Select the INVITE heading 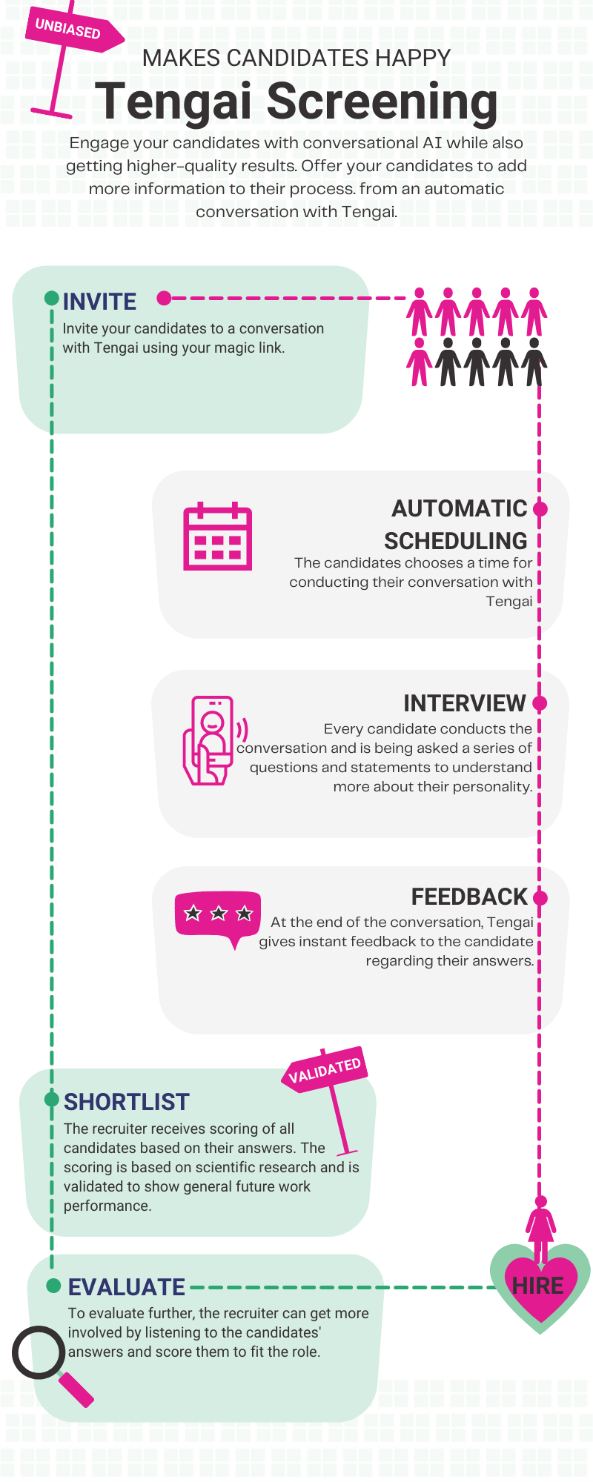pyautogui.click(x=99, y=302)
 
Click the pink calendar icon pyautogui.click(x=217, y=536)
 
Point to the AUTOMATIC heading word pyautogui.click(x=459, y=508)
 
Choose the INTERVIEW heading pyautogui.click(x=464, y=703)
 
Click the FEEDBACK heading pyautogui.click(x=468, y=897)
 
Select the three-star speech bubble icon pyautogui.click(x=218, y=916)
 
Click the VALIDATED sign pyautogui.click(x=324, y=1070)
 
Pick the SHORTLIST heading pyautogui.click(x=127, y=1102)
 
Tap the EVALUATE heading pyautogui.click(x=127, y=1287)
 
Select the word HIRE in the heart pyautogui.click(x=538, y=1286)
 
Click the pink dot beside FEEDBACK pyautogui.click(x=540, y=898)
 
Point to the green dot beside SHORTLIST pyautogui.click(x=51, y=1099)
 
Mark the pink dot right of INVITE pyautogui.click(x=164, y=299)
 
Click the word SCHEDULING pyautogui.click(x=455, y=541)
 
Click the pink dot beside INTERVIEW pyautogui.click(x=540, y=702)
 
